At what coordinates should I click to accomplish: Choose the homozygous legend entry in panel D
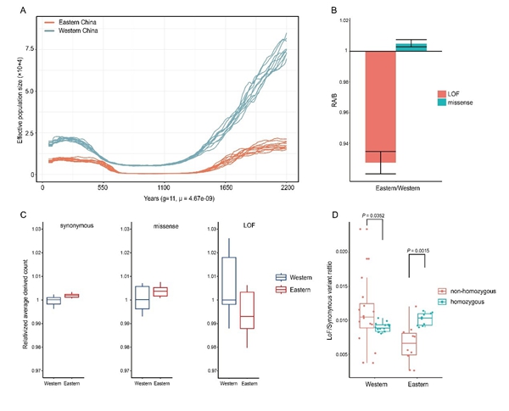click(468, 302)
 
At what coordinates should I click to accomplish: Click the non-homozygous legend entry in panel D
click(473, 290)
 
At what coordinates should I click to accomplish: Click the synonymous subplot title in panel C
click(77, 225)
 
